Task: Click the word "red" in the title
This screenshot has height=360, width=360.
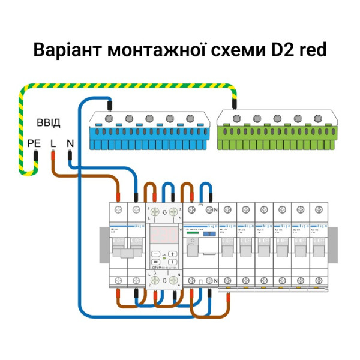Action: tap(307, 49)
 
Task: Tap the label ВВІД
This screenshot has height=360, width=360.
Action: tap(49, 123)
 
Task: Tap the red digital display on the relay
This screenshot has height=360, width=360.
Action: tap(164, 235)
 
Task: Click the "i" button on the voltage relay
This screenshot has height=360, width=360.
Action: tap(173, 262)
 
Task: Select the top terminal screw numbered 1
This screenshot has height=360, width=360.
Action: tap(155, 211)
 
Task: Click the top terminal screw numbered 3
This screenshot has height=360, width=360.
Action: tap(173, 211)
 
